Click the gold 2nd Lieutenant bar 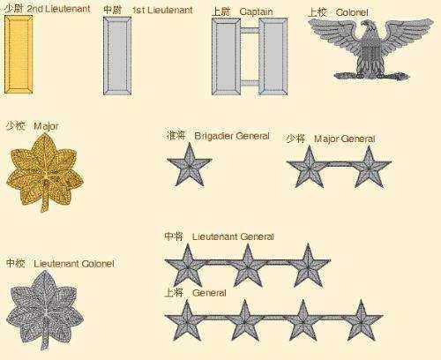click(19, 55)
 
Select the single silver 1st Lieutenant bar click(117, 56)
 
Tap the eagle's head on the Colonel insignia click(368, 27)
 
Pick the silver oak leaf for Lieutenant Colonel click(46, 310)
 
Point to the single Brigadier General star click(190, 165)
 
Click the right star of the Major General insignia click(369, 167)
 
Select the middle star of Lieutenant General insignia click(248, 266)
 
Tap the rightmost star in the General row click(361, 320)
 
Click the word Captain click(256, 11)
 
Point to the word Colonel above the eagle click(352, 12)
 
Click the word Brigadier click(213, 136)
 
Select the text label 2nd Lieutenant click(59, 9)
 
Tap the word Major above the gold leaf click(46, 126)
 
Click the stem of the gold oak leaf click(44, 202)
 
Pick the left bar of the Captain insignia click(226, 56)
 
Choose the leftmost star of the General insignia click(187, 320)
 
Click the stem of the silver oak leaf click(45, 341)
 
